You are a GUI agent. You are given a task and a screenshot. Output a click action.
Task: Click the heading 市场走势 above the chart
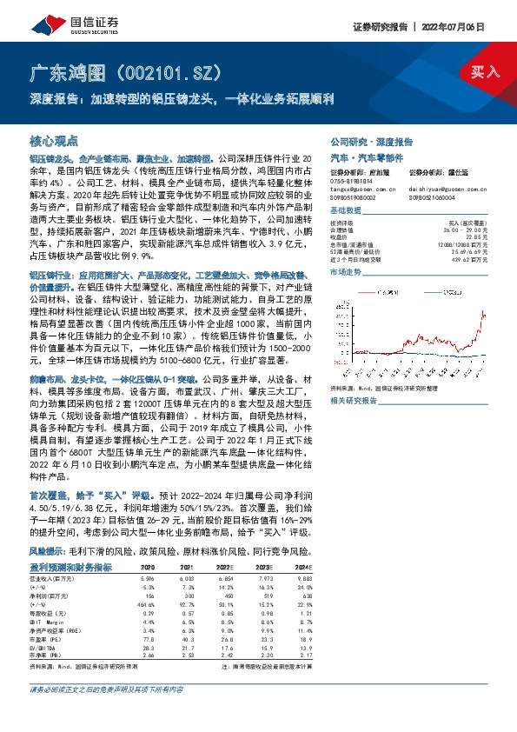click(x=348, y=273)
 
